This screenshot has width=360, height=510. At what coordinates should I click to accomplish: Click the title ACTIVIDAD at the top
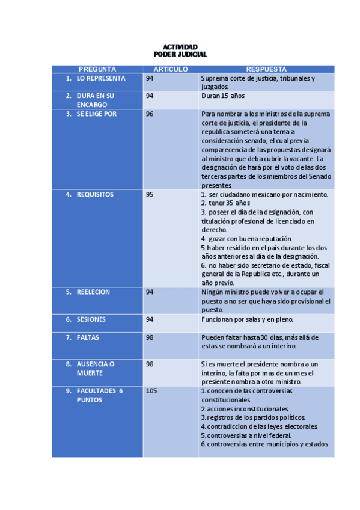(180, 47)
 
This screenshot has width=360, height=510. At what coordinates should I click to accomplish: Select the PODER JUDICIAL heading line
(180, 54)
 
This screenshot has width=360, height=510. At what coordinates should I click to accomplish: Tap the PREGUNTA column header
(97, 69)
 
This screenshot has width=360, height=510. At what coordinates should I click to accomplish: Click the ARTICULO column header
(171, 69)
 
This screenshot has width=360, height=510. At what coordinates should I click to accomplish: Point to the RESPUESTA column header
(266, 69)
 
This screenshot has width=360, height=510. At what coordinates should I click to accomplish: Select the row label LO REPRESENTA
(100, 78)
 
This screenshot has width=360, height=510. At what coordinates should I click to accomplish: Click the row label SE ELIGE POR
(96, 114)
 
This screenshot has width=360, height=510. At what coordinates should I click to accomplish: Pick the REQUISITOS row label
(95, 194)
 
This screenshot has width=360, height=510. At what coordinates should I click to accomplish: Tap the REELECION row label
(93, 292)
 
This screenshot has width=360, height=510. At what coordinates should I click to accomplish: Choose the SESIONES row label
(91, 319)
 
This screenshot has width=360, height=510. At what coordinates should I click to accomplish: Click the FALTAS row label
(88, 337)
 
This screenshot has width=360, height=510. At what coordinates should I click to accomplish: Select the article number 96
(150, 114)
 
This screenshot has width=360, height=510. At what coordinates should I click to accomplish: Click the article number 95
(150, 194)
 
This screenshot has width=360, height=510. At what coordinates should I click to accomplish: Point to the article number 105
(151, 390)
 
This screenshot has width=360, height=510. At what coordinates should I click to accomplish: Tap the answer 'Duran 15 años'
(223, 96)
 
